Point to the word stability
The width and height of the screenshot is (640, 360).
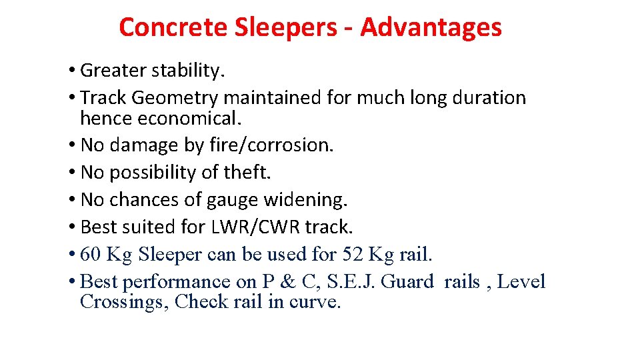click(186, 71)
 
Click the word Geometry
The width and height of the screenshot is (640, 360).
click(175, 98)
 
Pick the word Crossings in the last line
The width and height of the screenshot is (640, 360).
click(123, 301)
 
